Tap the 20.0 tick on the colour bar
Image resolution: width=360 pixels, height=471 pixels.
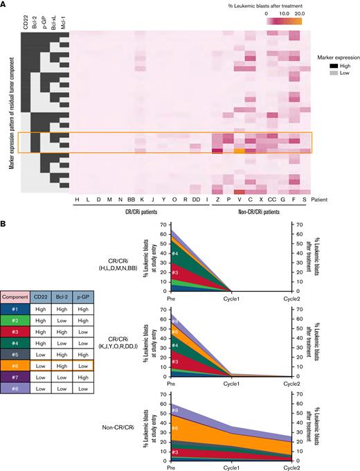click(x=300, y=13)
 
